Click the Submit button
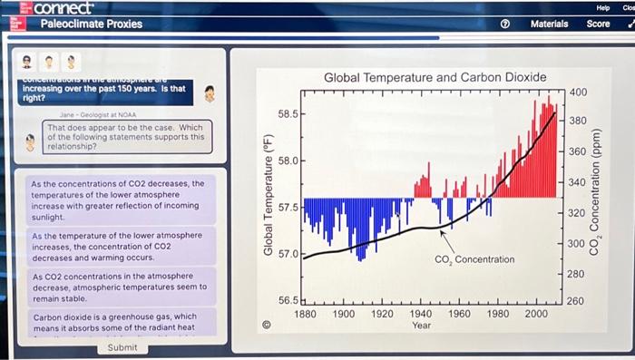coord(122,347)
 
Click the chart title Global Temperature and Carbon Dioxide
coord(435,78)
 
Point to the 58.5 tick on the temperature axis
coord(287,115)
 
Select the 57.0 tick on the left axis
coord(287,253)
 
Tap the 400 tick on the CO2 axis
coord(578,93)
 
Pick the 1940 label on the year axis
coord(421,313)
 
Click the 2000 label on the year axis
coord(536,313)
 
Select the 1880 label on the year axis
coord(305,313)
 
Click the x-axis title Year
coord(421,325)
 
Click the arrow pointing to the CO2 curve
coord(447,239)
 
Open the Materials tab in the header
coord(549,24)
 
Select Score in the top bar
coord(599,24)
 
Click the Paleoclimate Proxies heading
coord(92,24)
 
